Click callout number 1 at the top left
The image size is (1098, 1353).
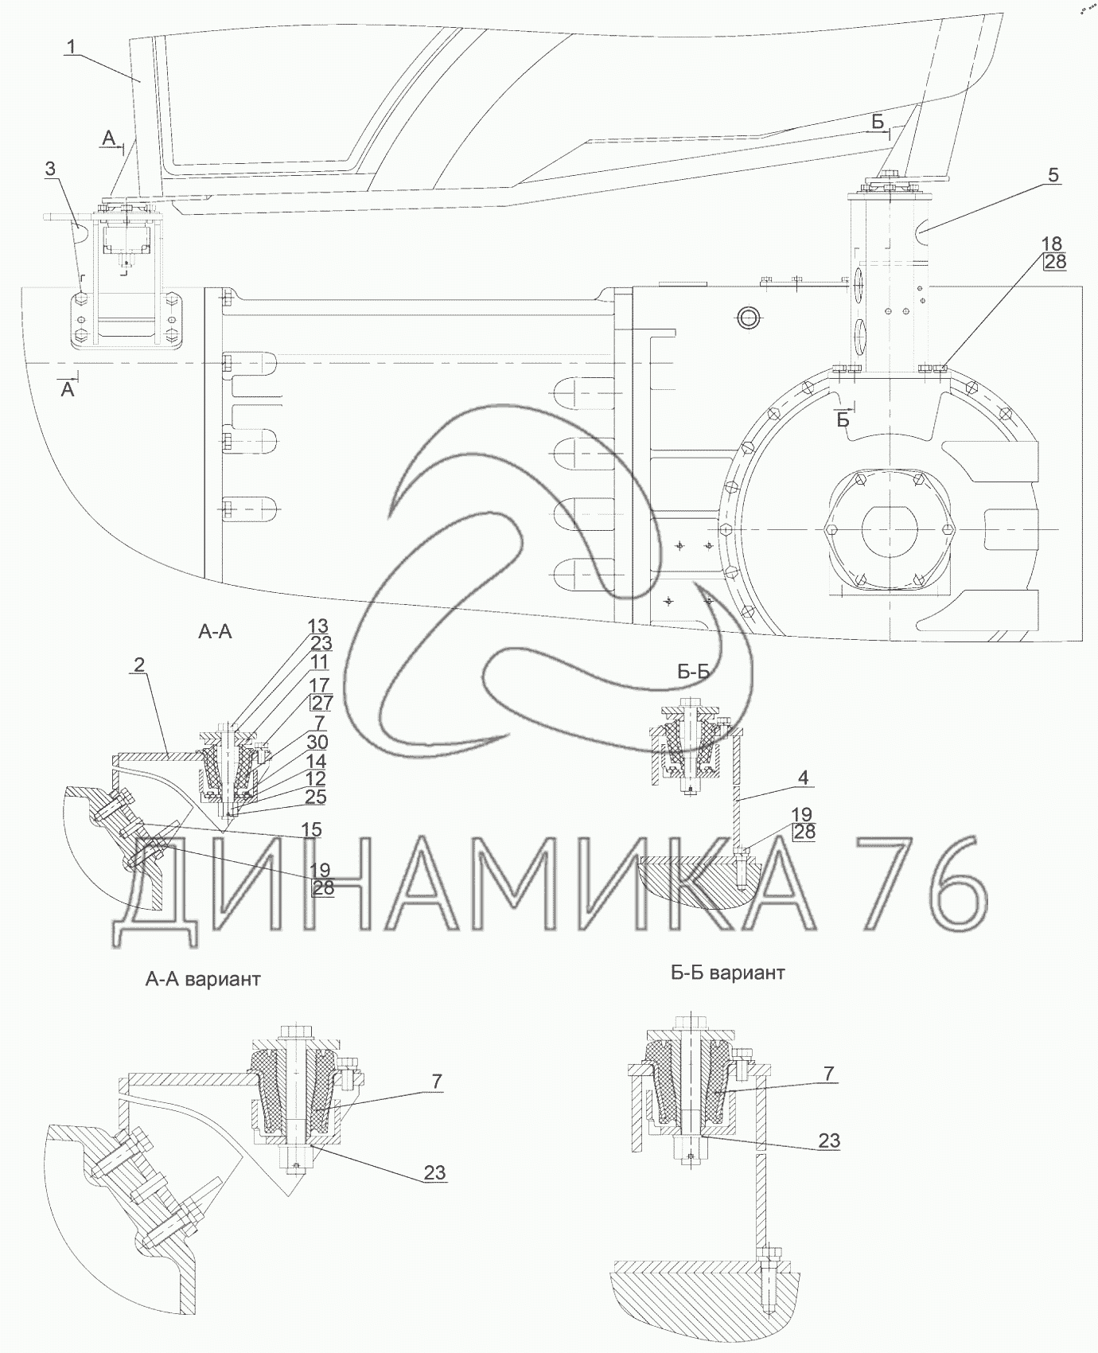pos(72,48)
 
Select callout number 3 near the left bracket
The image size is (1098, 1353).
pos(50,168)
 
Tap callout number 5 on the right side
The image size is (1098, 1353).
pos(1053,175)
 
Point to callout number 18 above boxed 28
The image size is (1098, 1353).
pos(1052,244)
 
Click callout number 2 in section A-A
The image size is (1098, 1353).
pos(139,664)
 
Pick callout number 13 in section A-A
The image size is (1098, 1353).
pos(318,627)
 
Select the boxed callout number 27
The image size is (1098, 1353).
pos(321,703)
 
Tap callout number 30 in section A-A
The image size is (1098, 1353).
pos(317,743)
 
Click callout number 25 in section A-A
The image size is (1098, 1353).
pos(315,797)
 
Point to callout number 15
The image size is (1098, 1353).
pos(311,830)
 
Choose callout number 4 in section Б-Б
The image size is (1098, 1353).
pos(804,778)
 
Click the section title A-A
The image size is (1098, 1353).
pos(215,632)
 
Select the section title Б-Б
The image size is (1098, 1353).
pos(693,672)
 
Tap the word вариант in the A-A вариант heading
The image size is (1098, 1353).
pos(222,979)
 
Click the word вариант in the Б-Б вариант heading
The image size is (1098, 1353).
pos(747,973)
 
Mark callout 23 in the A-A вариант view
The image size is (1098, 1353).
pos(434,1172)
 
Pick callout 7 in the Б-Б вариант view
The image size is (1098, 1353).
pos(828,1074)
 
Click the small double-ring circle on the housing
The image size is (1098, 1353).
pos(748,318)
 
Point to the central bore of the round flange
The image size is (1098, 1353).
pos(889,528)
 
